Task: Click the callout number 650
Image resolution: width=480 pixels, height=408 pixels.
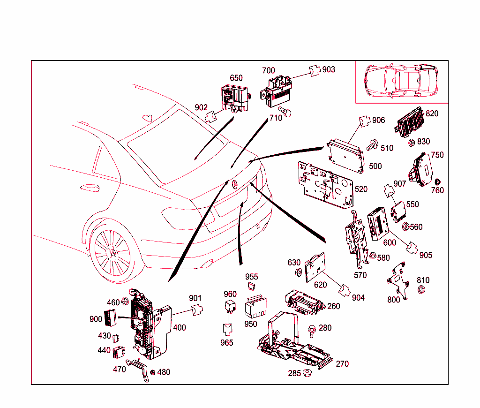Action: [236, 78]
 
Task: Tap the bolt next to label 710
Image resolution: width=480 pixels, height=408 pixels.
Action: [286, 112]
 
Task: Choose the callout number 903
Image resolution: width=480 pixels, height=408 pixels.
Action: [329, 69]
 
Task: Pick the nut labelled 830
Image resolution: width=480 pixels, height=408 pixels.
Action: [411, 142]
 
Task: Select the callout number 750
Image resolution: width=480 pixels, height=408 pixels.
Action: [437, 155]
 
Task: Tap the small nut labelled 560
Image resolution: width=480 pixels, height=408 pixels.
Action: [405, 227]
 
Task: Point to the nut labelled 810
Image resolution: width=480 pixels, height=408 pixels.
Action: [421, 290]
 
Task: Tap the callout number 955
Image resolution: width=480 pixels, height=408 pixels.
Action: [252, 277]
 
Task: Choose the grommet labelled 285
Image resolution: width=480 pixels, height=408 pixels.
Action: [307, 373]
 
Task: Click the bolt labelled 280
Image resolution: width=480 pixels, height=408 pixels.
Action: [312, 330]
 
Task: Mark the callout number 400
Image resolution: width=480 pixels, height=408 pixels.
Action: [180, 327]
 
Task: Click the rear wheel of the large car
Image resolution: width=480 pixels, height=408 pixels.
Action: [112, 252]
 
